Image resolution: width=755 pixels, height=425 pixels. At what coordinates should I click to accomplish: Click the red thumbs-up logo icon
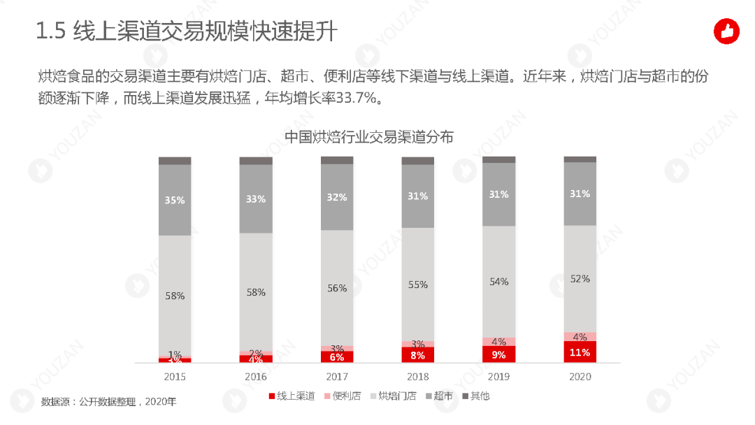(x=726, y=31)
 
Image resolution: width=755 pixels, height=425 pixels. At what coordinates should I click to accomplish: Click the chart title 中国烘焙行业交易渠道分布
(x=368, y=137)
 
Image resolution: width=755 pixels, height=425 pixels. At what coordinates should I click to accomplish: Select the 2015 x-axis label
(x=175, y=377)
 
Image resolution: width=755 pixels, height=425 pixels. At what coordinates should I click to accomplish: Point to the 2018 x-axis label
(x=418, y=377)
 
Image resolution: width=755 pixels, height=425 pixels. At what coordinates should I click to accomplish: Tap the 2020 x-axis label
(x=580, y=377)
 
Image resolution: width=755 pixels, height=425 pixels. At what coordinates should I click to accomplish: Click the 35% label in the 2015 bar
(x=175, y=200)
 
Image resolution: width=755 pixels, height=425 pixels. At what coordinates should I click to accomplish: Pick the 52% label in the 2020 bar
(x=580, y=278)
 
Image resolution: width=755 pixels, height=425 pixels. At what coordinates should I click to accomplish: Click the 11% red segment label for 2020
(x=580, y=352)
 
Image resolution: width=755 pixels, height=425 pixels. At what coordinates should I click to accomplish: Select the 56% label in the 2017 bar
(x=337, y=288)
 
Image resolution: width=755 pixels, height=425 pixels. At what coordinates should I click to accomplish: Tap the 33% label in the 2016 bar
(x=256, y=199)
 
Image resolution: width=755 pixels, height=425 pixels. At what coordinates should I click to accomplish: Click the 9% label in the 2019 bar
(x=499, y=354)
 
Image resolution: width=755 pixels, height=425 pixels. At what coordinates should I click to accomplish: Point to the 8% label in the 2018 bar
(x=418, y=355)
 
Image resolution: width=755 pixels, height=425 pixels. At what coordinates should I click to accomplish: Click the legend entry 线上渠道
(x=292, y=396)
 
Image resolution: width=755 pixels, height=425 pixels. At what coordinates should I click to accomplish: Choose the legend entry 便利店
(x=343, y=396)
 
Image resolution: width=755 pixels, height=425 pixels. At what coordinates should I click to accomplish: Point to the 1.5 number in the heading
(x=50, y=31)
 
